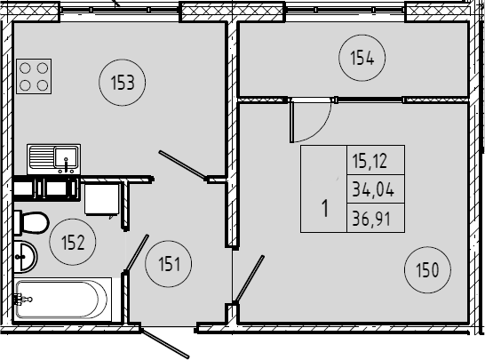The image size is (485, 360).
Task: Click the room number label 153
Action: [x=123, y=83]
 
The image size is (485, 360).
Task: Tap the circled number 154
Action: [x=362, y=58]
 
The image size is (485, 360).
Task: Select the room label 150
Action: [x=427, y=270]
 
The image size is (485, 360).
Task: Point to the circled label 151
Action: [x=169, y=264]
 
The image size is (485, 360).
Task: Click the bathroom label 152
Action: [x=73, y=242]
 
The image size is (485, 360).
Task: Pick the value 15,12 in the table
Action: [x=370, y=161]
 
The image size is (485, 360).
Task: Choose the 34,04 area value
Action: [x=373, y=189]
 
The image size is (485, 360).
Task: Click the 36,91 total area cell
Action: [x=371, y=219]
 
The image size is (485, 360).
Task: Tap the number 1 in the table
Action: [x=325, y=209]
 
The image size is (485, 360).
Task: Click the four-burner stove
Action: [x=34, y=76]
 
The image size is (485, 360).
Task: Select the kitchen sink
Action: [x=54, y=159]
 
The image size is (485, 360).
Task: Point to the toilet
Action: [x=31, y=222]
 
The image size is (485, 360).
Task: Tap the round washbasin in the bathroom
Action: [x=26, y=257]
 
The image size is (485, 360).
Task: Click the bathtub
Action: [x=62, y=300]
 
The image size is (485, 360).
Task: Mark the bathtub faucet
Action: [x=22, y=300]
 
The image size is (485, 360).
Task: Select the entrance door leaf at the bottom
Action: [x=164, y=344]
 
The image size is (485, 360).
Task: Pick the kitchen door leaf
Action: [x=182, y=164]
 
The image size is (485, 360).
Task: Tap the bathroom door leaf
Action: [x=137, y=252]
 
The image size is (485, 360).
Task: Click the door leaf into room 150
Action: [x=250, y=279]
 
